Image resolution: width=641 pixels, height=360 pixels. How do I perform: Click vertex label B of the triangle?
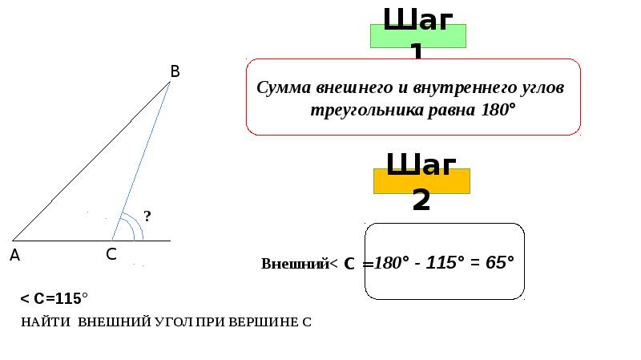175,71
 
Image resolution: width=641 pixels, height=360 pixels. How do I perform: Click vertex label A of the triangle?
14,255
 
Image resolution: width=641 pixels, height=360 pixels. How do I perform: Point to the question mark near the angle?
147,216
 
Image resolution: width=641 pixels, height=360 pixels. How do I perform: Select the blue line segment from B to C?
143,157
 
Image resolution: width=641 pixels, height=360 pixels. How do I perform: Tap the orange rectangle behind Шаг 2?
421,181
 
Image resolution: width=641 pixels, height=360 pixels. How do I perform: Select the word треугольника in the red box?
357,109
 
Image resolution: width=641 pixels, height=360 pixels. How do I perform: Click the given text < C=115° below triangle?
54,299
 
